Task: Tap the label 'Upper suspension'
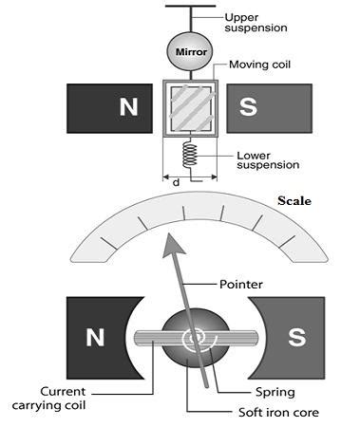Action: tap(256, 23)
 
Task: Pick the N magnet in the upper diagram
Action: tap(109, 107)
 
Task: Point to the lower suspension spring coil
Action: tap(190, 155)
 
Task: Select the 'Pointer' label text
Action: tap(241, 284)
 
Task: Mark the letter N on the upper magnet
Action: tap(126, 107)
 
